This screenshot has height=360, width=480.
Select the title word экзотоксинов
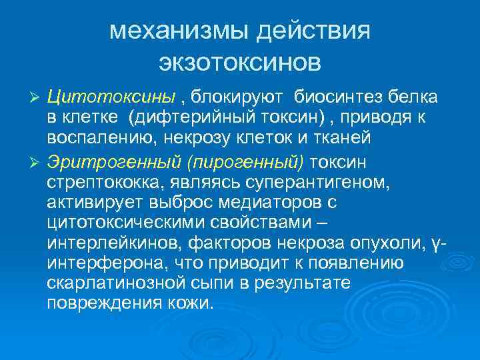(240, 62)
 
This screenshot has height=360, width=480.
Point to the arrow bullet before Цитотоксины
(37, 98)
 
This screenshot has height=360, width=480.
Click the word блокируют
(240, 97)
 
